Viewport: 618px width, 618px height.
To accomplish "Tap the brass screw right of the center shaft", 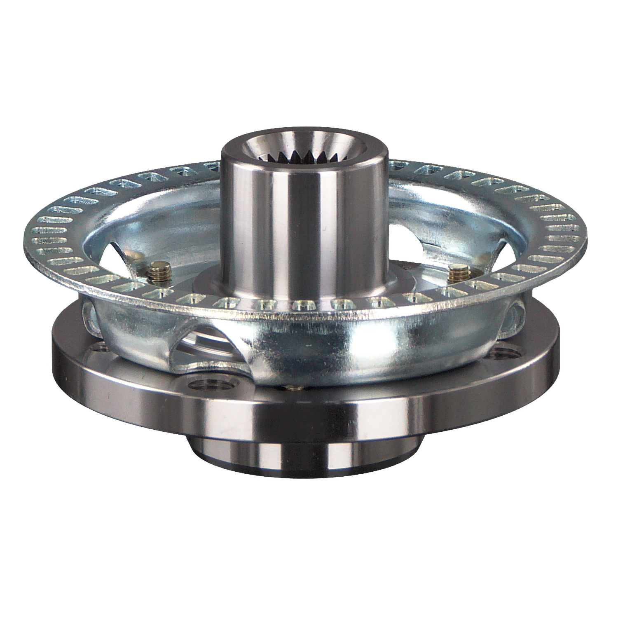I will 458,274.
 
